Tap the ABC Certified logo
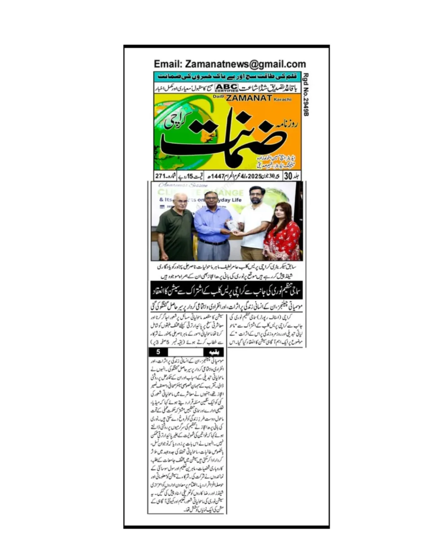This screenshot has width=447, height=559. (x=226, y=87)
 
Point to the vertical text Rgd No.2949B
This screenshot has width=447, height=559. (x=306, y=94)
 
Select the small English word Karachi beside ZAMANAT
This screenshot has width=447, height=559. (x=283, y=99)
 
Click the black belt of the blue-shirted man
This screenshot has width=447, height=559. (x=213, y=242)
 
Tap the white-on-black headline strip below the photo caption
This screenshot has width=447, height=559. (x=226, y=290)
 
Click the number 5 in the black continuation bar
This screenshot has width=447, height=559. (x=158, y=352)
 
